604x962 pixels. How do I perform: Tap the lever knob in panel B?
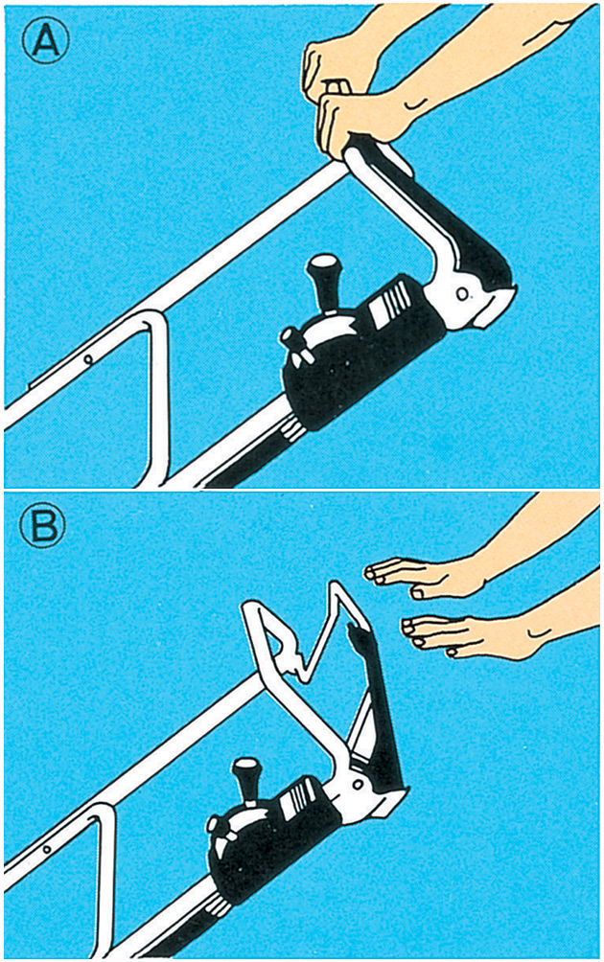246,770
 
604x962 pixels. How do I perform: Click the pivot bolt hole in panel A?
462,294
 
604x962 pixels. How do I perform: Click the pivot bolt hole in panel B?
357,786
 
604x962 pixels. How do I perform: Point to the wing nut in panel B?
222,832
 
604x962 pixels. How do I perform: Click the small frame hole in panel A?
88,359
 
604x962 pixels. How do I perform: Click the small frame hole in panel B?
46,851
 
